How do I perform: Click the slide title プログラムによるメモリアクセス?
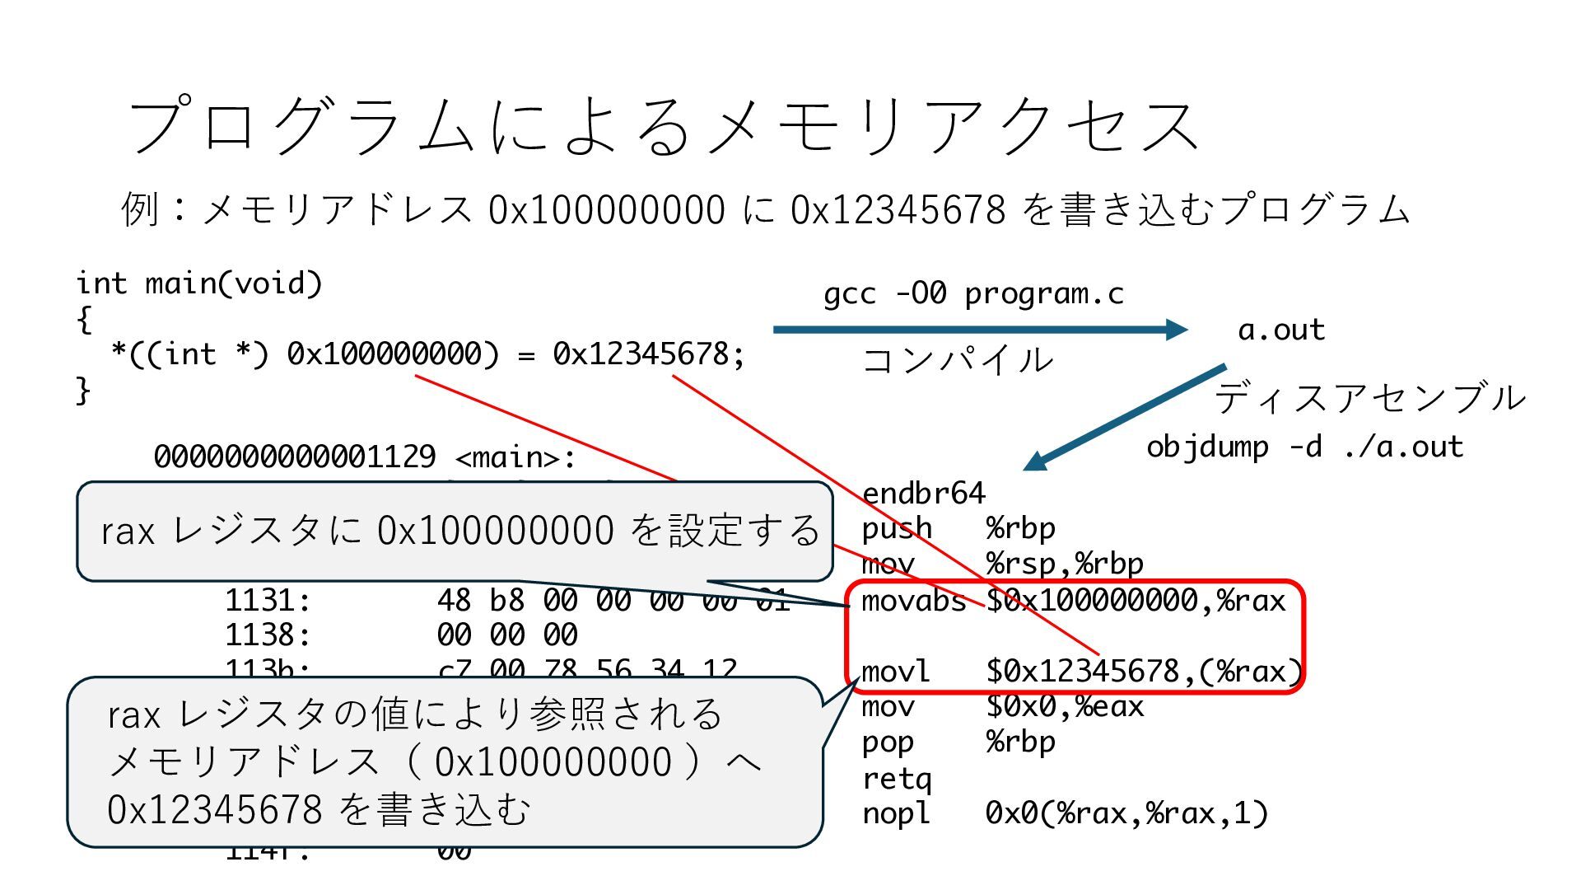(663, 126)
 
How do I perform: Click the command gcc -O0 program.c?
(973, 293)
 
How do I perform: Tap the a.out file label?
(1281, 330)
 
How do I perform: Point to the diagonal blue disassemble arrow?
(1125, 418)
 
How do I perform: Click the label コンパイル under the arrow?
(957, 360)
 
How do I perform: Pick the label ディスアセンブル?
(1370, 398)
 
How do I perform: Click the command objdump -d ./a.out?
(1304, 447)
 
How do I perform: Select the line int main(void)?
(199, 283)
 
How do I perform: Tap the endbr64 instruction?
(923, 494)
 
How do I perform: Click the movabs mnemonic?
(913, 601)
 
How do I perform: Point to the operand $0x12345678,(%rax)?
(1144, 672)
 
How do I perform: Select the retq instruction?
(896, 779)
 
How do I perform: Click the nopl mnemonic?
(895, 814)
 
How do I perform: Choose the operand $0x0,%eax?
(1065, 707)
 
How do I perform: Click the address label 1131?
(268, 601)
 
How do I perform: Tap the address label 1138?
(268, 635)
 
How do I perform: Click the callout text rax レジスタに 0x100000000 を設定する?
(459, 531)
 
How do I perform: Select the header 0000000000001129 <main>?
(365, 457)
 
